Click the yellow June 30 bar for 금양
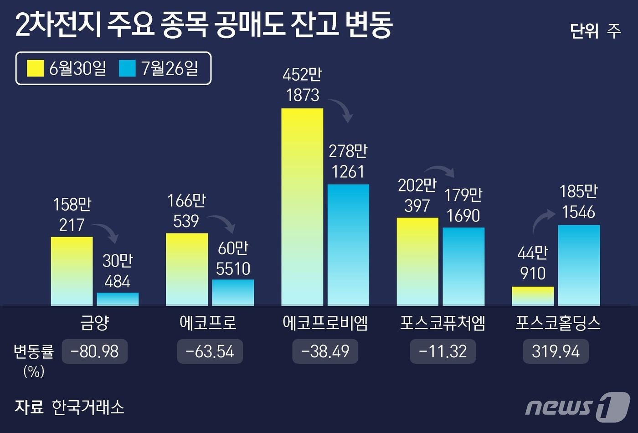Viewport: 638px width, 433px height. pyautogui.click(x=72, y=271)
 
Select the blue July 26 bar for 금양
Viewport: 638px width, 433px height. pyautogui.click(x=118, y=299)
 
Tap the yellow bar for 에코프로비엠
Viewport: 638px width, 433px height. pyautogui.click(x=302, y=207)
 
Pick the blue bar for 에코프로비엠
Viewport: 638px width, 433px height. pyautogui.click(x=348, y=245)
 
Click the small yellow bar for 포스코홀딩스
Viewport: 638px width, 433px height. pyautogui.click(x=533, y=296)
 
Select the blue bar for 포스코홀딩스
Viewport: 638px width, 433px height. pyautogui.click(x=579, y=265)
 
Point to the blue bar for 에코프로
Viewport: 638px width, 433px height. pyautogui.click(x=233, y=292)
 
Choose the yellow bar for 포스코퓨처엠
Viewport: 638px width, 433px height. pyautogui.click(x=417, y=262)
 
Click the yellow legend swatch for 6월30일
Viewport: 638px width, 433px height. pyautogui.click(x=36, y=68)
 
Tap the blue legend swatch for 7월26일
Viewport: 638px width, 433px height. pyautogui.click(x=127, y=68)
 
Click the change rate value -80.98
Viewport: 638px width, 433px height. pyautogui.click(x=95, y=351)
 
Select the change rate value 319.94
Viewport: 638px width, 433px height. pyautogui.click(x=556, y=351)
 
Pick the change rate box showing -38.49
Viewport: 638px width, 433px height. pyautogui.click(x=325, y=351)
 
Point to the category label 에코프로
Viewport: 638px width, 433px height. pyautogui.click(x=208, y=323)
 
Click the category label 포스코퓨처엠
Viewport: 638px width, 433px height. pyautogui.click(x=442, y=323)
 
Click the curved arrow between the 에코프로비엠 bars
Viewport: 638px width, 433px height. pyautogui.click(x=342, y=109)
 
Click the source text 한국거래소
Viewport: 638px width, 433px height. pyautogui.click(x=87, y=407)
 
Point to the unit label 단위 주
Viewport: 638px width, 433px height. pyautogui.click(x=595, y=31)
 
